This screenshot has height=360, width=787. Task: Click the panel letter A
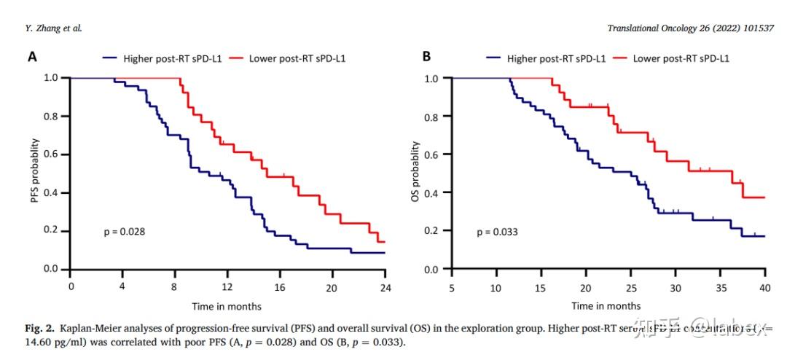pyautogui.click(x=34, y=57)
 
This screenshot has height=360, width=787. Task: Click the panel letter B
pyautogui.click(x=427, y=57)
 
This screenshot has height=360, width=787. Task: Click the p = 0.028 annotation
pyautogui.click(x=125, y=232)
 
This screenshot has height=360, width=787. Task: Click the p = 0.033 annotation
pyautogui.click(x=498, y=232)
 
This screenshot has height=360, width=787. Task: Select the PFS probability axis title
pyautogui.click(x=35, y=173)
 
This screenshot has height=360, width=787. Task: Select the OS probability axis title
pyautogui.click(x=416, y=173)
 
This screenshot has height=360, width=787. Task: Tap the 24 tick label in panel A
pyautogui.click(x=385, y=287)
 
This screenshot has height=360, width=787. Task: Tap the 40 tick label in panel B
pyautogui.click(x=764, y=287)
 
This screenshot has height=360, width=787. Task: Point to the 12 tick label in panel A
pyautogui.click(x=227, y=287)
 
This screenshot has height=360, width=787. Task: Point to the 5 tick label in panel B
pyautogui.click(x=452, y=287)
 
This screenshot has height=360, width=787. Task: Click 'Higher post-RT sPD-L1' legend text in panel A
pyautogui.click(x=173, y=58)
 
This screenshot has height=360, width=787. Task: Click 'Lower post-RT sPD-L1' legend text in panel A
pyautogui.click(x=297, y=58)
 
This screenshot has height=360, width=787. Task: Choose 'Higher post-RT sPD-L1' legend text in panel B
pyautogui.click(x=557, y=58)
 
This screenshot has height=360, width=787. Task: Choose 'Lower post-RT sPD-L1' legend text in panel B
pyautogui.click(x=681, y=58)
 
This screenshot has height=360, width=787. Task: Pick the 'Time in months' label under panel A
pyautogui.click(x=227, y=306)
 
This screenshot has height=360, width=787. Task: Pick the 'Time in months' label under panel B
pyautogui.click(x=606, y=306)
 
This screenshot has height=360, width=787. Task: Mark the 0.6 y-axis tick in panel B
pyautogui.click(x=432, y=154)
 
